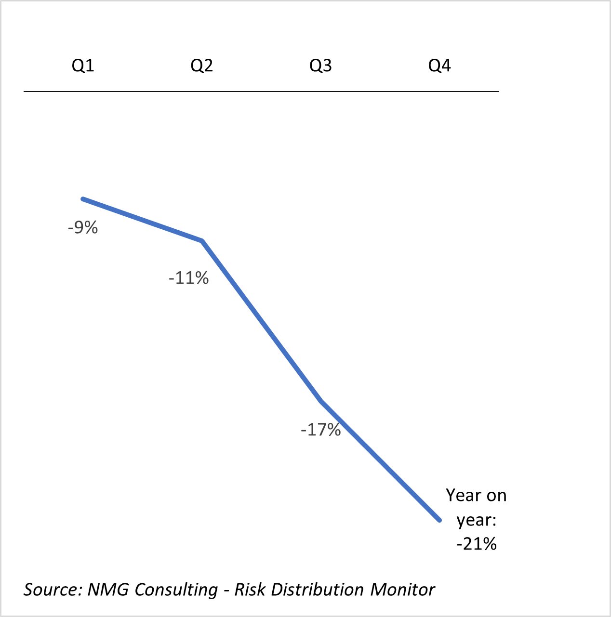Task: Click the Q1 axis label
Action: point(83,66)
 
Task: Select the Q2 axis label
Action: point(201,66)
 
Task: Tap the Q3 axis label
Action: point(320,66)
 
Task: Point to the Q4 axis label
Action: point(439,66)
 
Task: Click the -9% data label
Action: point(83,227)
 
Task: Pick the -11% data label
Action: point(188,278)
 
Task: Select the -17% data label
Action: point(320,430)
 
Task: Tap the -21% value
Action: point(477,544)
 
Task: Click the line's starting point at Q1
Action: point(83,198)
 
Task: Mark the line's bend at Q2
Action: point(202,240)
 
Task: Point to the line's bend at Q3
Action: point(321,401)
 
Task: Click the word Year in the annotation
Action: point(463,495)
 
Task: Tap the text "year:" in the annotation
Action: point(477,520)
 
